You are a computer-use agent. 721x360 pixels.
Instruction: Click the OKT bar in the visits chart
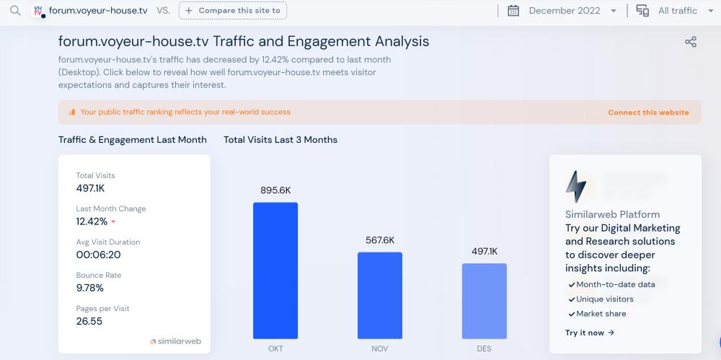point(275,270)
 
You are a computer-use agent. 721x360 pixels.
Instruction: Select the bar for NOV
point(379,295)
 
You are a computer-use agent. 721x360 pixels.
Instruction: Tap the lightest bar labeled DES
point(484,300)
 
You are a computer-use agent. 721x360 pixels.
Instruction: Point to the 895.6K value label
point(275,190)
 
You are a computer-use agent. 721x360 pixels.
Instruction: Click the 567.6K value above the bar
point(380,240)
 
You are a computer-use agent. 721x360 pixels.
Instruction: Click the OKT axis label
point(275,348)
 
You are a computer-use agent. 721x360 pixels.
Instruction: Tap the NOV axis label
point(380,348)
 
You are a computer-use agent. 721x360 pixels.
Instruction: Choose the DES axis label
point(484,348)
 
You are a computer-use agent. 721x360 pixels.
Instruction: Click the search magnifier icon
point(15,11)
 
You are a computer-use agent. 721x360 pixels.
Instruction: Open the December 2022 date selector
point(563,11)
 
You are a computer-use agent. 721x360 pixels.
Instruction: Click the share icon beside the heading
point(690,42)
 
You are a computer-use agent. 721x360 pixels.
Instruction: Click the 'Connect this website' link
point(648,113)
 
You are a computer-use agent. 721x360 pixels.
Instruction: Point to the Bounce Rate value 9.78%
point(90,288)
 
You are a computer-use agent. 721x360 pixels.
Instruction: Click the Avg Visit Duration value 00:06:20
point(98,255)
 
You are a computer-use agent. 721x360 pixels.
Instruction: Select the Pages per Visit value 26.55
point(89,321)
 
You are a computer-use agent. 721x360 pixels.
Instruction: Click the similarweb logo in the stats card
point(175,341)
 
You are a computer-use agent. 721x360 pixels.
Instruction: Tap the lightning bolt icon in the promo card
point(576,187)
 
